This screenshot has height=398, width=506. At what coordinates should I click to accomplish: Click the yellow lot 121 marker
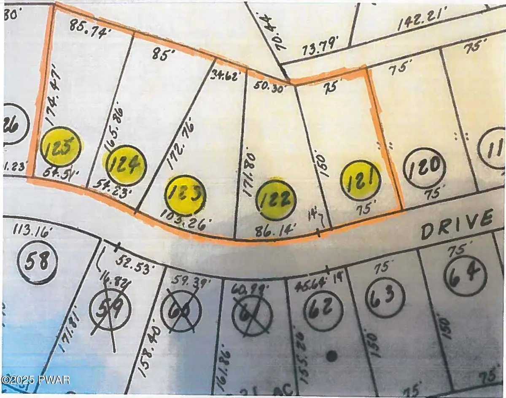click(x=361, y=182)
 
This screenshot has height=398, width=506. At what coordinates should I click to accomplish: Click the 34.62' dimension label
click(x=227, y=76)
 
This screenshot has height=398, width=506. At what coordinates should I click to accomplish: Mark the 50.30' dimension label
click(x=268, y=87)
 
